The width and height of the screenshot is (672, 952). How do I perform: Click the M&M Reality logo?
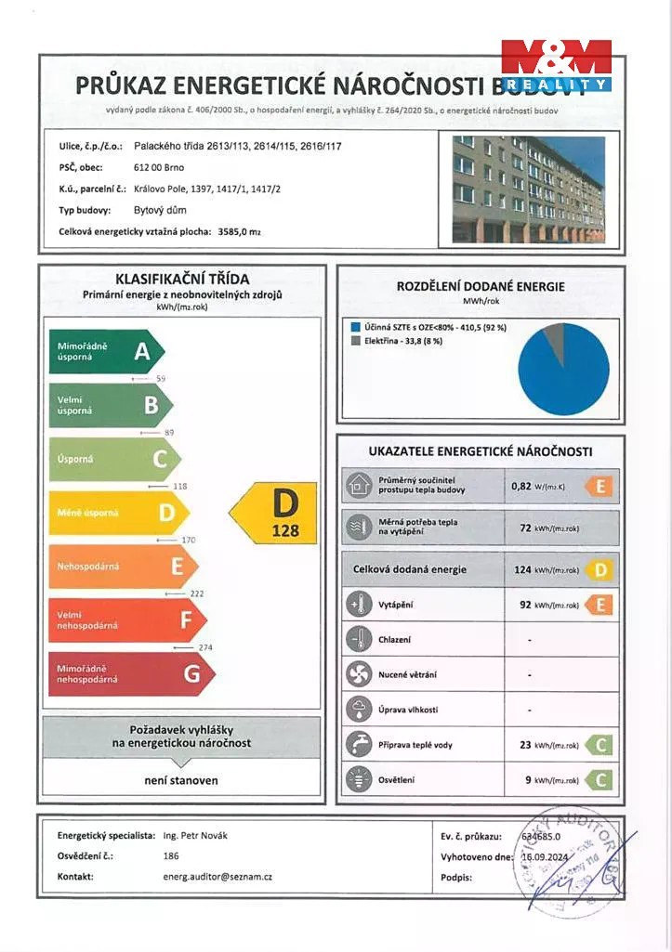556,65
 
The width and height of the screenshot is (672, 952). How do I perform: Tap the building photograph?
528,190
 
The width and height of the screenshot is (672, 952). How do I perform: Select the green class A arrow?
106,351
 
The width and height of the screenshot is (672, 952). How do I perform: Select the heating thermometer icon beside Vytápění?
358,606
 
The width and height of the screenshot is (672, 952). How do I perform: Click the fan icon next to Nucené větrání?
358,675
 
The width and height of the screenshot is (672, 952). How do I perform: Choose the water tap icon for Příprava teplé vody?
358,745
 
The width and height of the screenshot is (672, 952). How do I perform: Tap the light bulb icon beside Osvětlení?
358,779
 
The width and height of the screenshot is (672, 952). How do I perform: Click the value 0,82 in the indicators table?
520,485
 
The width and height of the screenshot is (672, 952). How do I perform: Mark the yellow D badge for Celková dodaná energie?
600,569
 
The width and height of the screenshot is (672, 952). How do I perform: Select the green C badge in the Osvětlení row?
600,780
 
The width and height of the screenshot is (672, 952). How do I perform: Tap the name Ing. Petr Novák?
194,835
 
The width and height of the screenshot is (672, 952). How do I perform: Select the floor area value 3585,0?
232,231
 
